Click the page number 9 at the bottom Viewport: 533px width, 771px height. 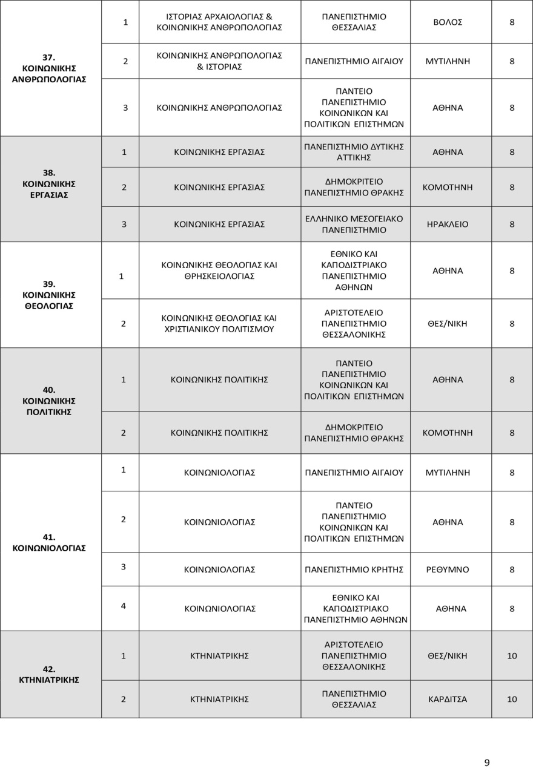487,761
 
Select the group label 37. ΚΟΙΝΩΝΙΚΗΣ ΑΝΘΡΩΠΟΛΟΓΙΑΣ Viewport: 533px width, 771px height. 49,68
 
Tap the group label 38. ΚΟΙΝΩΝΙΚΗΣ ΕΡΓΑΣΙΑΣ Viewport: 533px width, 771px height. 49,183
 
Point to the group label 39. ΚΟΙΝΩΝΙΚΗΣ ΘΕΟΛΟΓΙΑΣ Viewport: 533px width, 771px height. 49,295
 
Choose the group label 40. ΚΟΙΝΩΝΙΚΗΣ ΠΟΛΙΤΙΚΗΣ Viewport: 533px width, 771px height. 49,401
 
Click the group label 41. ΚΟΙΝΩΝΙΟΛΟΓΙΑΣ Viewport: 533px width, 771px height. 49,542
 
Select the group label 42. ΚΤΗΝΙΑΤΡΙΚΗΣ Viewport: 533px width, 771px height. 49,674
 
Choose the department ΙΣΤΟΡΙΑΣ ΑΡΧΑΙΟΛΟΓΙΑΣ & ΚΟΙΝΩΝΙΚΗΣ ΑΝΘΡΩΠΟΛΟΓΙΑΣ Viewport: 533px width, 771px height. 219,22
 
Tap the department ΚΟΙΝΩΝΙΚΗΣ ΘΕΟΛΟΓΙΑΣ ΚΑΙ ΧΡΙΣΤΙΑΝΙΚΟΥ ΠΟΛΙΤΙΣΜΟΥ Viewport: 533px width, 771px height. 219,323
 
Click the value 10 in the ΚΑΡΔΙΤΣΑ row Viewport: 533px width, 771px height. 512,699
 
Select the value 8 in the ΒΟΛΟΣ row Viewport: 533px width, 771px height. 512,22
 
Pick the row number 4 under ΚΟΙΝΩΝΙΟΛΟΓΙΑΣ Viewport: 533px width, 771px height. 124,605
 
